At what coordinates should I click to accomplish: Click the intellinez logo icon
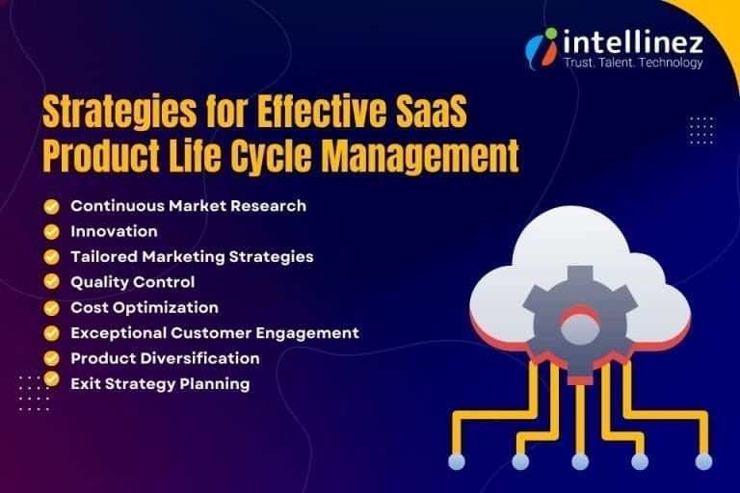542,44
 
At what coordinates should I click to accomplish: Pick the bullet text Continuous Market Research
188,205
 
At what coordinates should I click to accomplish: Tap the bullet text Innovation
114,231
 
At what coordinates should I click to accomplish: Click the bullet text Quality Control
132,282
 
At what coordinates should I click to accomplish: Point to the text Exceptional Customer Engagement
214,332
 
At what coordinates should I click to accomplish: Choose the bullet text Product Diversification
165,358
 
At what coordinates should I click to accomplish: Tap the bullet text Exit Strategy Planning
160,383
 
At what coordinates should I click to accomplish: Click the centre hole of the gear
580,325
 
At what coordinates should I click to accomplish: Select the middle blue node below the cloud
580,462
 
